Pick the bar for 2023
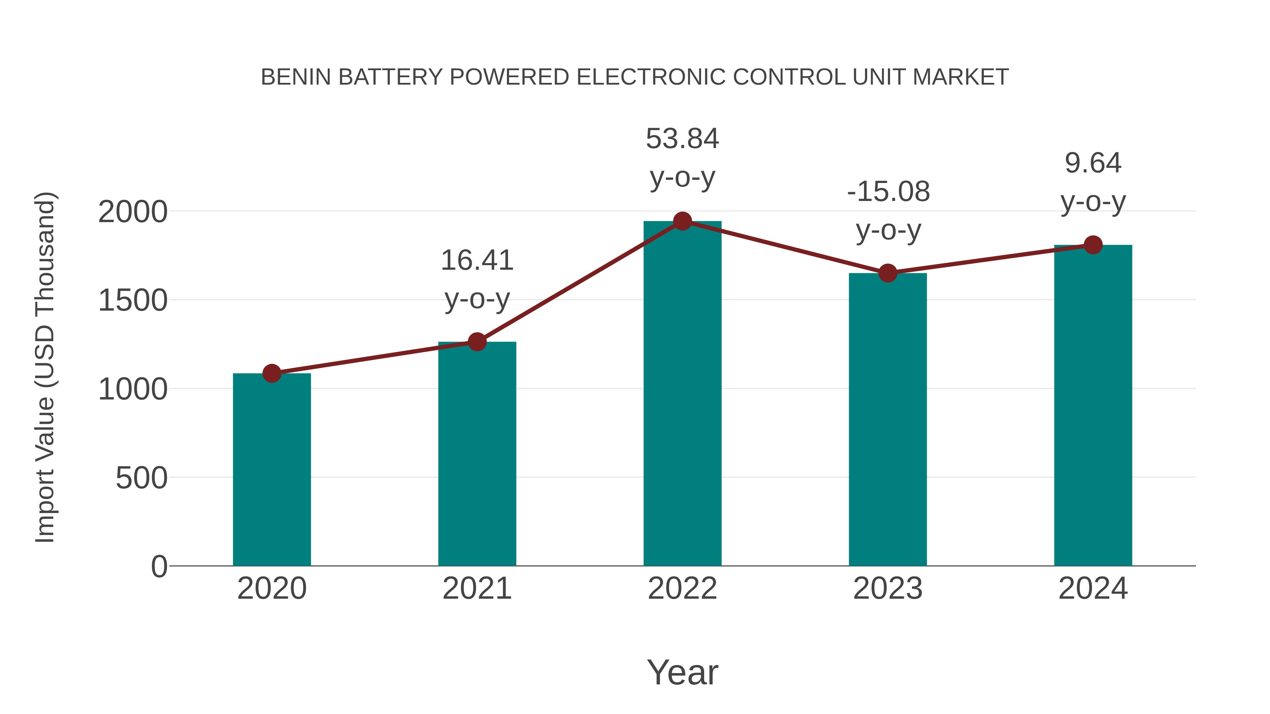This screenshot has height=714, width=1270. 888,419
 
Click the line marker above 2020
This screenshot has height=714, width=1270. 272,373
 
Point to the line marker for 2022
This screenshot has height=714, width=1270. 682,221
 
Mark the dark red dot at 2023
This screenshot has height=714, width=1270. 888,273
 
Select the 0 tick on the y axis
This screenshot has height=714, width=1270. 159,566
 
